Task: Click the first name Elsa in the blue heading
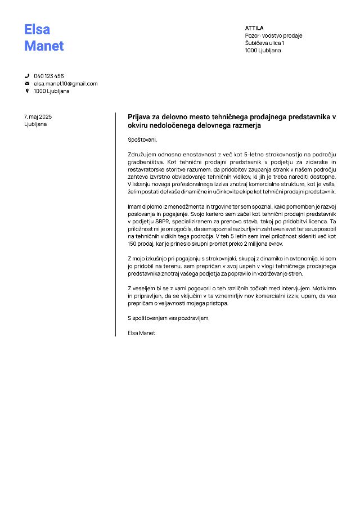click(37, 29)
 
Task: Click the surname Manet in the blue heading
click(44, 46)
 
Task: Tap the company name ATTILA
click(254, 28)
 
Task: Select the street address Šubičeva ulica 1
click(264, 43)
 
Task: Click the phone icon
click(26, 76)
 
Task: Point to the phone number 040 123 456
click(49, 76)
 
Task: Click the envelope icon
click(26, 83)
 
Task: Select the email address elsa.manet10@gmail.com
click(65, 83)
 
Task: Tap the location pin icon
click(26, 91)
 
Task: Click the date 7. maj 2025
click(38, 116)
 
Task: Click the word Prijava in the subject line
click(141, 117)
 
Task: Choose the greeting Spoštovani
click(142, 139)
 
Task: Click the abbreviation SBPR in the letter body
click(163, 222)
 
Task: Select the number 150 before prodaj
click(133, 244)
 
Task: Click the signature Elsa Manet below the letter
click(142, 332)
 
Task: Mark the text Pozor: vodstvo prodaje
click(273, 35)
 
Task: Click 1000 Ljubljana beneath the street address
click(263, 50)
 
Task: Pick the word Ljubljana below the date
click(35, 124)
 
